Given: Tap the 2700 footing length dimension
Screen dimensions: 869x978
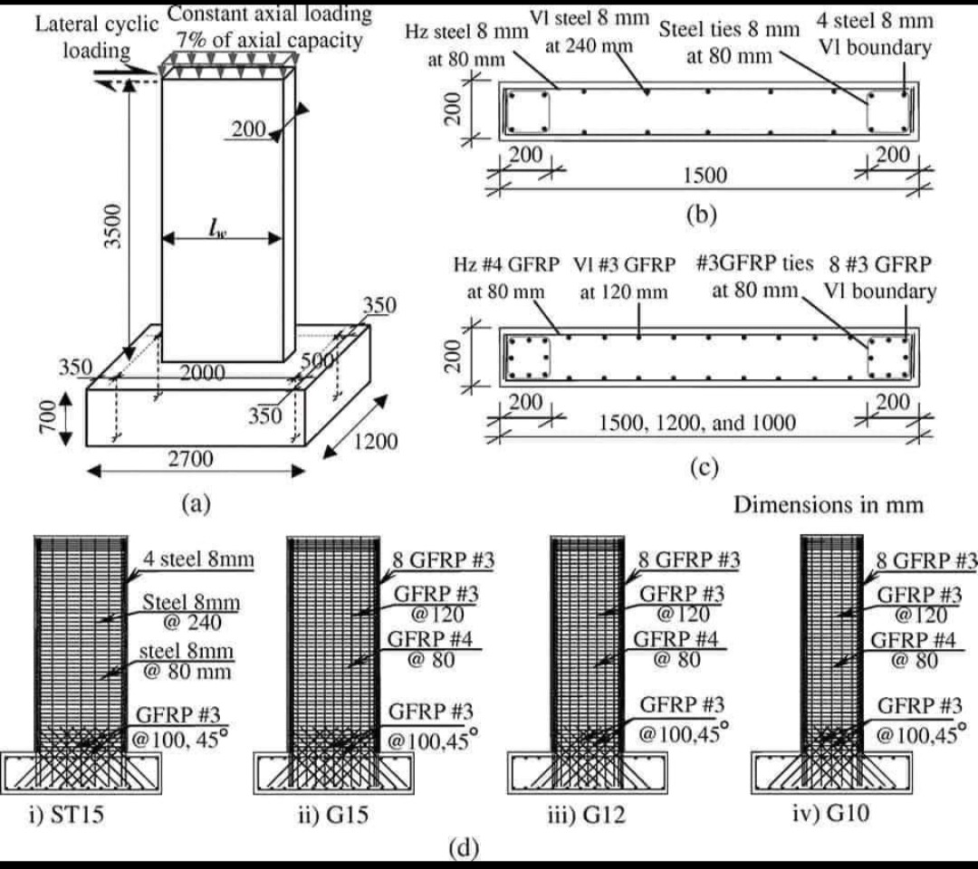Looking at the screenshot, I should (x=191, y=459).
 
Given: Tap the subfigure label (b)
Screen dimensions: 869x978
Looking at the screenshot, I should (x=702, y=215).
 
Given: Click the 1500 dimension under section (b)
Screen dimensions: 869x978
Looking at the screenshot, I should (x=704, y=174).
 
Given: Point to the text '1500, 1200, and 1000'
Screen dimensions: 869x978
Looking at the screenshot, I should (x=697, y=422).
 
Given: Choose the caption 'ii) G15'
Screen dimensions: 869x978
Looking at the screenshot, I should (x=331, y=815).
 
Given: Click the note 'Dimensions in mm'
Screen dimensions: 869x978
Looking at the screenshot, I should (x=828, y=504).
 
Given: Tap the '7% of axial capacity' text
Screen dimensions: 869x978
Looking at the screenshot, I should (x=269, y=41).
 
